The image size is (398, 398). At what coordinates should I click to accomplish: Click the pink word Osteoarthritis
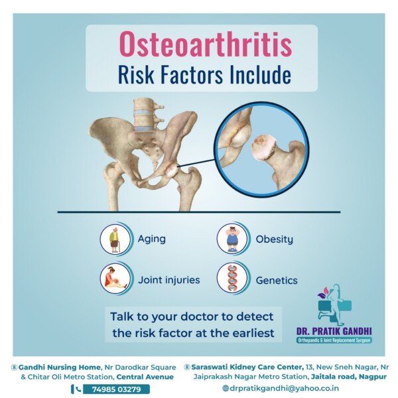[x=206, y=44]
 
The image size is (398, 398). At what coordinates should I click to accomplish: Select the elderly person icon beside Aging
[x=115, y=239]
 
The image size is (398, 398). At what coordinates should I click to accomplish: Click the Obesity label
[x=274, y=239]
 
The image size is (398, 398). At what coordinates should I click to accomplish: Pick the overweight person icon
[x=232, y=239]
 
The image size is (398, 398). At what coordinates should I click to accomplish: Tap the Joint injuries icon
[x=115, y=278]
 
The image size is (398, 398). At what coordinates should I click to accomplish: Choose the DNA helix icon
[x=232, y=278]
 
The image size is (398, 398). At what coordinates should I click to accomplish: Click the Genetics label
[x=277, y=281]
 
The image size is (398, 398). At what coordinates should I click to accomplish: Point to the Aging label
[x=151, y=239]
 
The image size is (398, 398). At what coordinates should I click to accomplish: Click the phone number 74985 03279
[x=116, y=389]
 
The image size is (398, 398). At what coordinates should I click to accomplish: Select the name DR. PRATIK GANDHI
[x=334, y=331]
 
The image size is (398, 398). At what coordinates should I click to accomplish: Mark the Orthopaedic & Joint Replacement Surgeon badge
[x=334, y=340]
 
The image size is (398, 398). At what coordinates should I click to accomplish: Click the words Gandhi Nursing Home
[x=60, y=367]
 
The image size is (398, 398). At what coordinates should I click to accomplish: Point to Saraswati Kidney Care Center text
[x=247, y=367]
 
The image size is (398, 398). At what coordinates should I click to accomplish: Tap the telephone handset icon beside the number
[x=78, y=389]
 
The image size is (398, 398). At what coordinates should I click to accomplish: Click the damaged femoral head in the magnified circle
[x=264, y=148]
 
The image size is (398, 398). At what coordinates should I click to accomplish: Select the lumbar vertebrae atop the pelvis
[x=145, y=115]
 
